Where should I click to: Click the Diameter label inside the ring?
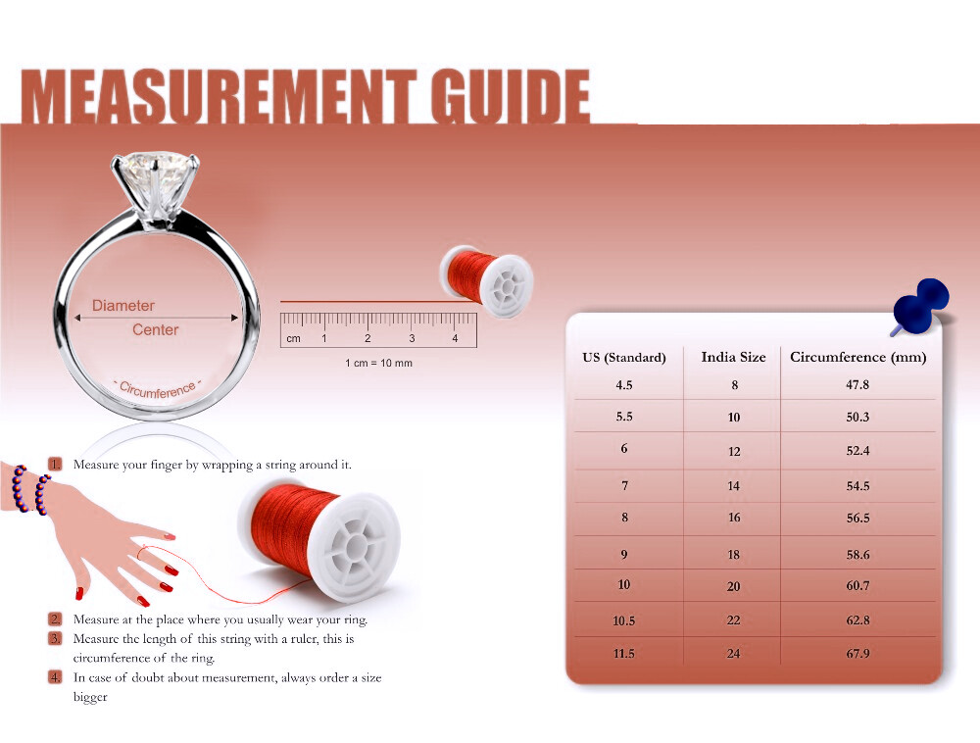123,306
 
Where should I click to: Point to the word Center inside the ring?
156,329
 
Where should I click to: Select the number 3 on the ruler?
412,338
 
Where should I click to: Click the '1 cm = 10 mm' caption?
378,363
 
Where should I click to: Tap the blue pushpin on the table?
920,305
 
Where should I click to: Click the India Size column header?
733,357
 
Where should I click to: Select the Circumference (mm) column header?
858,357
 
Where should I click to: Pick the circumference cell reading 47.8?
857,385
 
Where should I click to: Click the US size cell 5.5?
623,417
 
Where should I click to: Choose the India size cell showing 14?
734,485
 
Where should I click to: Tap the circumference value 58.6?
858,554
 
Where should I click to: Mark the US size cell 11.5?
623,654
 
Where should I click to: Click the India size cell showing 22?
734,620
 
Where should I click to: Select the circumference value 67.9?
858,654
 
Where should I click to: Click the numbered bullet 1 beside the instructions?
56,464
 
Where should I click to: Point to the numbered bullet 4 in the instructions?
56,676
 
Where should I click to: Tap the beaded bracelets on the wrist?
30,489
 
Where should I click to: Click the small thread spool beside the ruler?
487,280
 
